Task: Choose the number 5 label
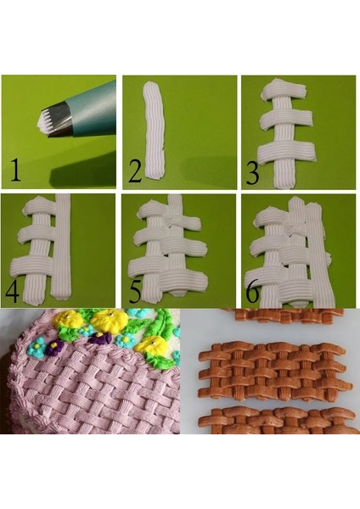pos(135,291)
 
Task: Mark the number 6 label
pos(254,291)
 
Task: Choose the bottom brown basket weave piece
pos(276,419)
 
